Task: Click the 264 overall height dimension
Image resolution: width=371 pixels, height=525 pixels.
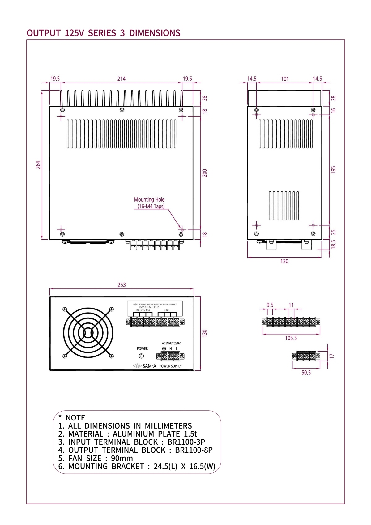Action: pos(38,164)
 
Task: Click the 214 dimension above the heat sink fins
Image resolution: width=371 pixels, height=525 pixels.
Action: pos(122,79)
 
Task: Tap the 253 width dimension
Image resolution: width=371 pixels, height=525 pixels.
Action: pos(122,285)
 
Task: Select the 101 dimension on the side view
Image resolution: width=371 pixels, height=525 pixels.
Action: pos(285,79)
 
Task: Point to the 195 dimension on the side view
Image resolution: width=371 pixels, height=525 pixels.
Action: pos(333,170)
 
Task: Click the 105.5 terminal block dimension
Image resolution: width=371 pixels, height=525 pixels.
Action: pos(291,338)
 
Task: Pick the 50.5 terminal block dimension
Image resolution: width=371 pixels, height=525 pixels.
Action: pos(306,373)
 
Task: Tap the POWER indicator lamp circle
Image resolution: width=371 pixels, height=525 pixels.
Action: pos(141,356)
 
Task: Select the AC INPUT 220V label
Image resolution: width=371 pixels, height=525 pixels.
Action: pos(171,343)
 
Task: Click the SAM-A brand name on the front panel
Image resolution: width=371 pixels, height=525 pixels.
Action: pos(149,366)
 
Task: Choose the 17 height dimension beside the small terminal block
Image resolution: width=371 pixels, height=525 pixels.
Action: pos(332,356)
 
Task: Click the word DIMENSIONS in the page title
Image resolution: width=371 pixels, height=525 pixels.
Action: pos(155,33)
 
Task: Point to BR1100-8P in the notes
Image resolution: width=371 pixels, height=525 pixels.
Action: pos(194,450)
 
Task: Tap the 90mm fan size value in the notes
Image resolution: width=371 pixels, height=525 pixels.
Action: pos(122,458)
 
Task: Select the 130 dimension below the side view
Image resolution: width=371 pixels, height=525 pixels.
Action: pos(284,261)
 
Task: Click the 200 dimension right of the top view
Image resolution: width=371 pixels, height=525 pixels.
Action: pos(205,173)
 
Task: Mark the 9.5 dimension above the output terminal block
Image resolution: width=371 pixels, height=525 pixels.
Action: pos(270,305)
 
